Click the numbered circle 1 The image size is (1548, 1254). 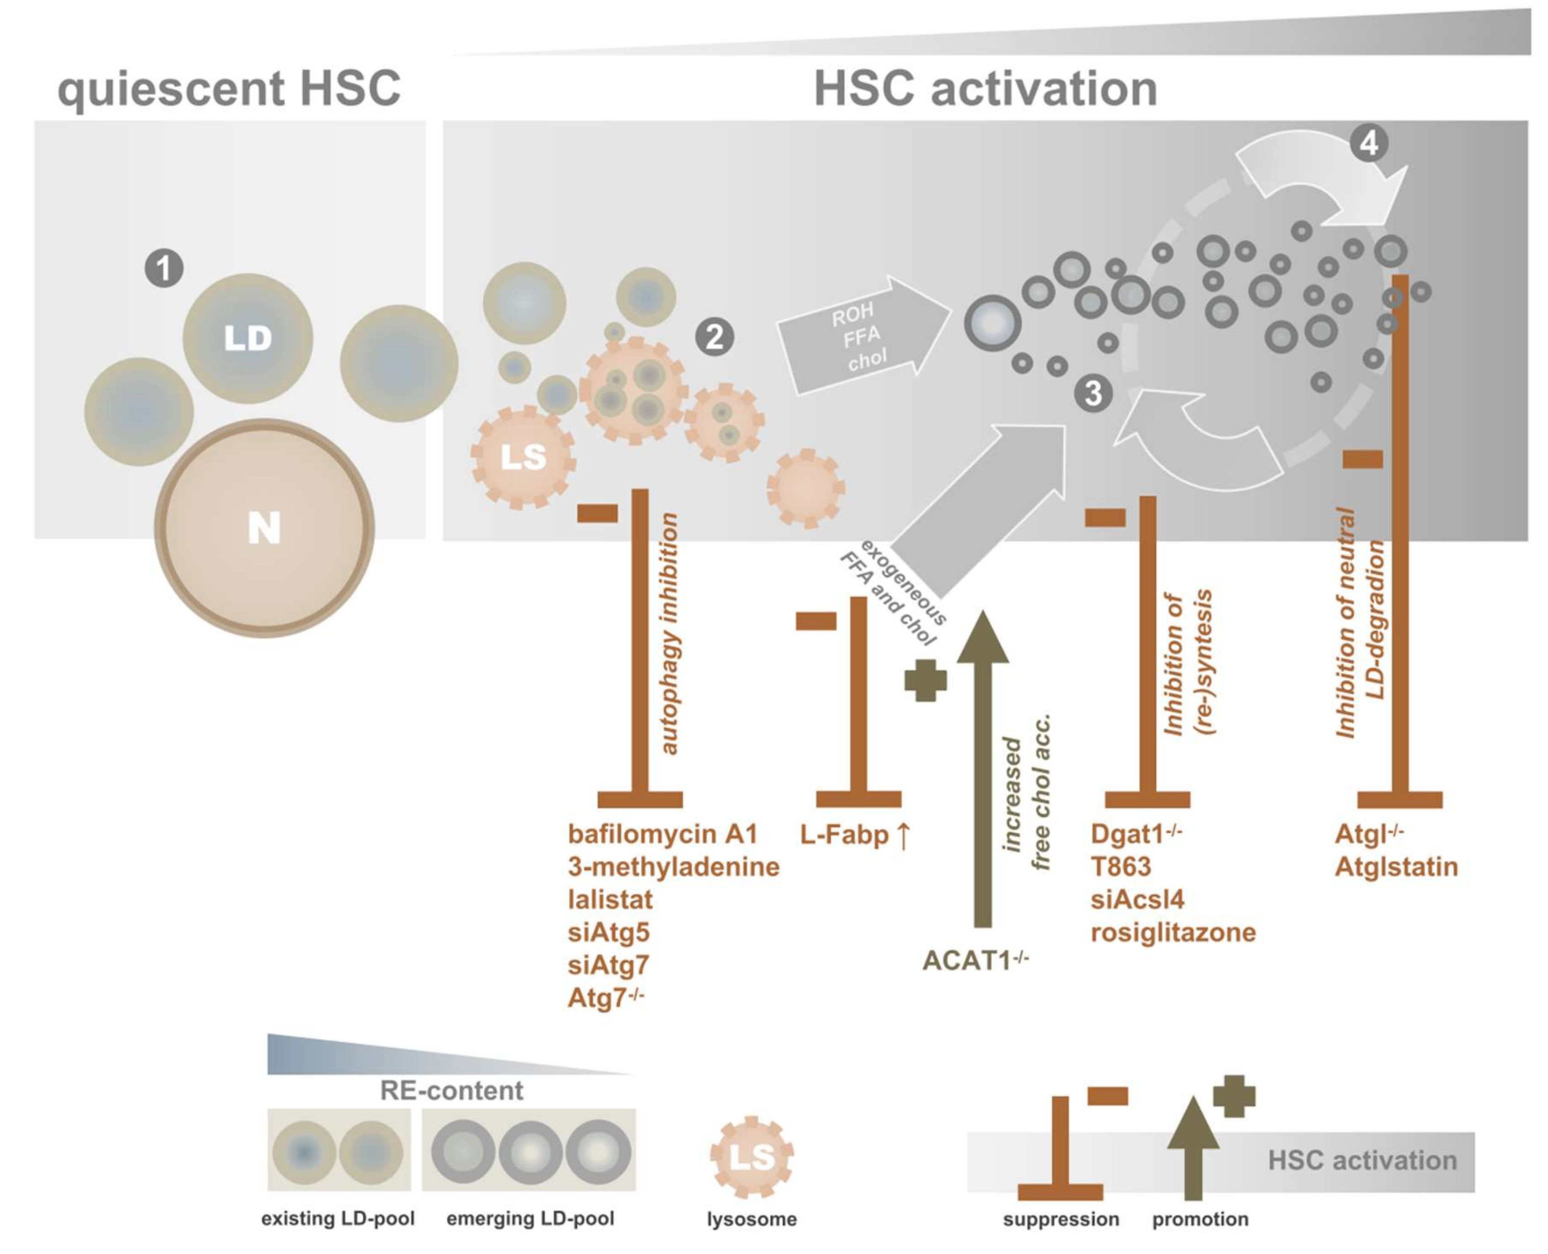pos(164,269)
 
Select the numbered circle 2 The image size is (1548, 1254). pos(715,337)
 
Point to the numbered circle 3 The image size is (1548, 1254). pos(1093,394)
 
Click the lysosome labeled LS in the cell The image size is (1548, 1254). pos(523,456)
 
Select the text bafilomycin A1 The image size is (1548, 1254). pos(663,834)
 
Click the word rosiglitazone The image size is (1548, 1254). pos(1173,932)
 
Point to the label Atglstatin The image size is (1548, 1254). pos(1395,867)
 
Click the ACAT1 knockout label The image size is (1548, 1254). pos(975,961)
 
